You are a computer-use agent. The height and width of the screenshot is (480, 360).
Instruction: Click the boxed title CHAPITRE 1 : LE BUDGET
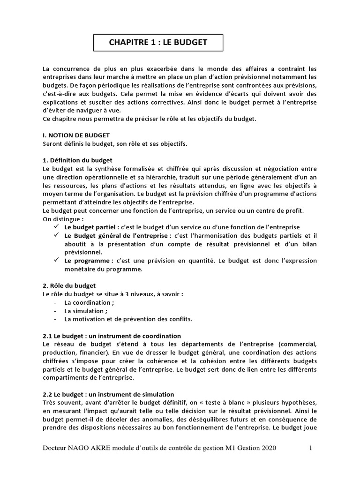coord(158,43)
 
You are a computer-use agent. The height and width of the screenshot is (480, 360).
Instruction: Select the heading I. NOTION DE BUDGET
coord(76,135)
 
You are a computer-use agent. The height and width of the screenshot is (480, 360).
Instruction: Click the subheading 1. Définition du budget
coord(77,160)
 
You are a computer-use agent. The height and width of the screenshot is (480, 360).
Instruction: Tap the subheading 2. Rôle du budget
coord(69,285)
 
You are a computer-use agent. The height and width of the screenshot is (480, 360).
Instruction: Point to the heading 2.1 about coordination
coord(112,336)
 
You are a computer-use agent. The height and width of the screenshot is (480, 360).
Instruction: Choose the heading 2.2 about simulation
coord(108,394)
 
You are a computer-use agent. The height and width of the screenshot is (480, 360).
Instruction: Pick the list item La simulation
coord(86,311)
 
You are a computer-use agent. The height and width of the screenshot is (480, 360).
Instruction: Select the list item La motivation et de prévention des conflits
coord(128,319)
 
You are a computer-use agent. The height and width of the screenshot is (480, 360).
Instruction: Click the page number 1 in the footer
coord(310,448)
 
